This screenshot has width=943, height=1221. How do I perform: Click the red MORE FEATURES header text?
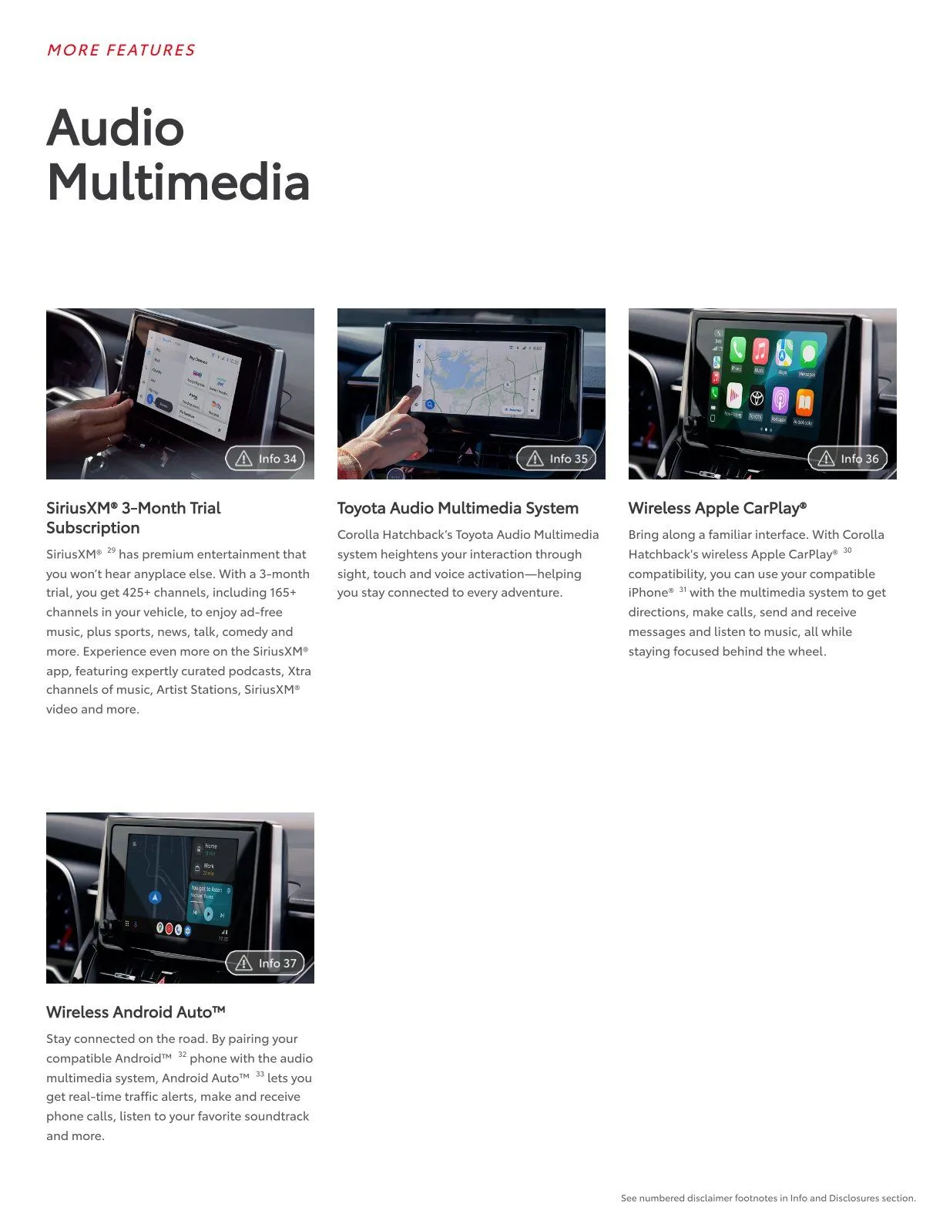tap(121, 50)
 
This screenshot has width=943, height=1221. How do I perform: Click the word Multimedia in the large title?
tap(178, 183)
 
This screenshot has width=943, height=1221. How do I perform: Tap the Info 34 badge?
tap(266, 459)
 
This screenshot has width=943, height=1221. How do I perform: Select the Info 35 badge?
tap(557, 459)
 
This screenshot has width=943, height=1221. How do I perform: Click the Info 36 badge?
tap(847, 459)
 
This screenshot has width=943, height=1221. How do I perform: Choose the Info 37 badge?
tap(266, 963)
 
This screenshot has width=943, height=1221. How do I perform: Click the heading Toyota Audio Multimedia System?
tap(458, 508)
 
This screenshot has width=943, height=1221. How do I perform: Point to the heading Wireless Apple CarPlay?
tap(716, 508)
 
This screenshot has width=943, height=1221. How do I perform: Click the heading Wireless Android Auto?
tap(135, 1012)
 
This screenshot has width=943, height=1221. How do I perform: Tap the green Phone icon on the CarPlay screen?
tap(737, 351)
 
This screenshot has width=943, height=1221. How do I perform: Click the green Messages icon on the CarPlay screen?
tap(807, 355)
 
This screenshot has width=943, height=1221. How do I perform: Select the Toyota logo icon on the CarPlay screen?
tap(757, 399)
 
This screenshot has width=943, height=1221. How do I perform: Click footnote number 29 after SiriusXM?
tap(112, 550)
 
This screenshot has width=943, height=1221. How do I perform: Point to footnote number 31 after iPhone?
tap(683, 589)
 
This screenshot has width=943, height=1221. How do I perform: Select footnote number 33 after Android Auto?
tap(260, 1074)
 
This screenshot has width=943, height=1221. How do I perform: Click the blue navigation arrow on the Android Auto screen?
tap(156, 898)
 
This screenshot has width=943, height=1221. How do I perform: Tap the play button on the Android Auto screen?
tap(208, 914)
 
